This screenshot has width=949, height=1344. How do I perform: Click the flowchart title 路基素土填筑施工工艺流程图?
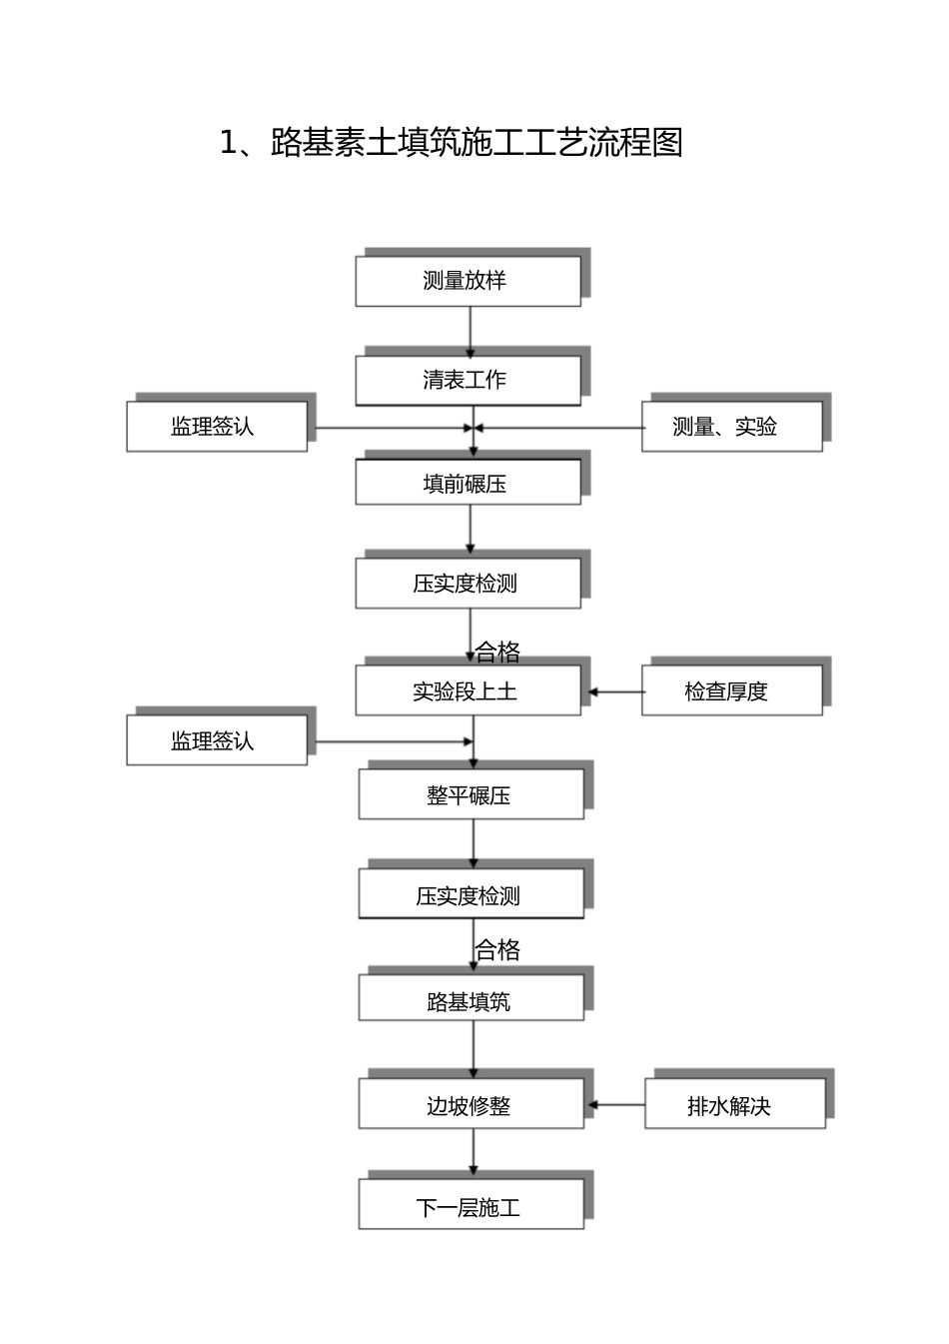pyautogui.click(x=452, y=143)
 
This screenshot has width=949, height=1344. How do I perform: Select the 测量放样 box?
pyautogui.click(x=468, y=281)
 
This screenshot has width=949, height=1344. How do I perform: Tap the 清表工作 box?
pyautogui.click(x=468, y=380)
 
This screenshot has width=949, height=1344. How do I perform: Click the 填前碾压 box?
pyautogui.click(x=468, y=483)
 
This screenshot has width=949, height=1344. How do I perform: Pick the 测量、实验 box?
pyautogui.click(x=731, y=427)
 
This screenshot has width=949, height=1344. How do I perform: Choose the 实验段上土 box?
pyautogui.click(x=468, y=690)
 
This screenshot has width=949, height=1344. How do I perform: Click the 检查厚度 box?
pyautogui.click(x=731, y=690)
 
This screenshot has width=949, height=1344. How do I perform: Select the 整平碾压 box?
pyautogui.click(x=471, y=795)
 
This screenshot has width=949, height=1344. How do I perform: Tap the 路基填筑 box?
pyautogui.click(x=471, y=1000)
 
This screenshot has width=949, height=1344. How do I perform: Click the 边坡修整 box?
pyautogui.click(x=471, y=1105)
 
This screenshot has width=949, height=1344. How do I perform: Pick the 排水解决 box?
pyautogui.click(x=734, y=1105)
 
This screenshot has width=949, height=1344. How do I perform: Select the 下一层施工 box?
pyautogui.click(x=471, y=1207)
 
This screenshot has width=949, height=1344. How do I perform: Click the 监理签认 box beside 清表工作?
pyautogui.click(x=216, y=427)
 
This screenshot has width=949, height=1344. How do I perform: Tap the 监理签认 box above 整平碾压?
pyautogui.click(x=216, y=740)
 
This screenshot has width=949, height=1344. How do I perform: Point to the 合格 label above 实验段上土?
pyautogui.click(x=497, y=653)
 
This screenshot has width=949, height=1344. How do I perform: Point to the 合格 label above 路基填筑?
pyautogui.click(x=497, y=949)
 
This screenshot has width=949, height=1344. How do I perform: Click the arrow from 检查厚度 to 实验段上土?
pyautogui.click(x=614, y=691)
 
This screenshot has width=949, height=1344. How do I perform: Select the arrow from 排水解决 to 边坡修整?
pyautogui.click(x=616, y=1105)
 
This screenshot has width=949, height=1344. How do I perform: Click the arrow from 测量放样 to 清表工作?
pyautogui.click(x=471, y=332)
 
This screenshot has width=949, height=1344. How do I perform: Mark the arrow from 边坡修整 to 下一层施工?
pyautogui.click(x=474, y=1153)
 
